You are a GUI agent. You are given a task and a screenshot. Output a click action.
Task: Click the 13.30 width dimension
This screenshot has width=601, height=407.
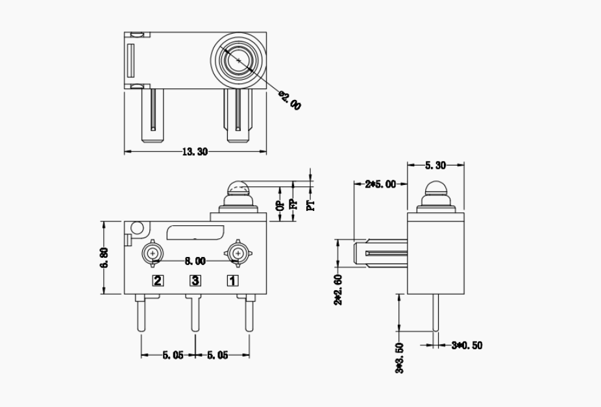(195, 152)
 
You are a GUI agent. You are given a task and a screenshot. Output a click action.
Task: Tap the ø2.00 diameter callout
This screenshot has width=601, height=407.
(290, 100)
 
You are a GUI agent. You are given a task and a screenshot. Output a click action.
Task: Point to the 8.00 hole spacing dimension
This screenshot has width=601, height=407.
(195, 261)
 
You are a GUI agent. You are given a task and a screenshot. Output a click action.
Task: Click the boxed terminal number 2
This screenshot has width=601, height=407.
(158, 280)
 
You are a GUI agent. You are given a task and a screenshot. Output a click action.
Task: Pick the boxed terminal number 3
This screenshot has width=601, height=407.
(195, 280)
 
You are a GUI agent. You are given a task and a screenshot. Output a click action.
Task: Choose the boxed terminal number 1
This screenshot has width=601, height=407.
(232, 280)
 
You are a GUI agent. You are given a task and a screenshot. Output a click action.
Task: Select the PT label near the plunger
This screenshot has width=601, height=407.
(311, 205)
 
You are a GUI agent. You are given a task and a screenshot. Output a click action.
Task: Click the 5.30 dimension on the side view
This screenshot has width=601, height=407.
(435, 166)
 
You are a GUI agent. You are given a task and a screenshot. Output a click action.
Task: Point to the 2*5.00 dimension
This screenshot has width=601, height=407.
(380, 184)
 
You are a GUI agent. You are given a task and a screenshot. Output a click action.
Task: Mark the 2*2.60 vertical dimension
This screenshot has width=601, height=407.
(338, 290)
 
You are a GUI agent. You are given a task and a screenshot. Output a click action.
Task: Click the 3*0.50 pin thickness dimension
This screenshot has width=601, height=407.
(467, 345)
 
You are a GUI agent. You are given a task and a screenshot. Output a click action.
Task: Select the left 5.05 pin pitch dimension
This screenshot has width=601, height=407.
(172, 355)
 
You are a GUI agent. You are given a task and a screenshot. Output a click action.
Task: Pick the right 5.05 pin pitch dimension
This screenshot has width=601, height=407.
(218, 355)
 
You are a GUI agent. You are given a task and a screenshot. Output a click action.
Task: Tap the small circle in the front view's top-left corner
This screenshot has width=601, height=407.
(137, 228)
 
